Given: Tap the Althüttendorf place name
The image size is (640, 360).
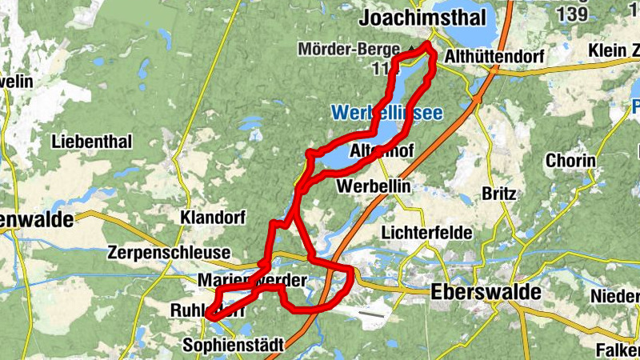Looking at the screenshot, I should click(494, 58).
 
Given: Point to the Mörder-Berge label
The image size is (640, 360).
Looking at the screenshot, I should click(349, 50).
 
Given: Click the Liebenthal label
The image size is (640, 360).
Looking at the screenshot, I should click(91, 142).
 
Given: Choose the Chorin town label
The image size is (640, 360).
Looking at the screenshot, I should click(570, 161).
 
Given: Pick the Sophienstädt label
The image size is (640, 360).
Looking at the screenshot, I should click(234, 346).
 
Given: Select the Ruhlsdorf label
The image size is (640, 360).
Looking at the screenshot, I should click(206, 310).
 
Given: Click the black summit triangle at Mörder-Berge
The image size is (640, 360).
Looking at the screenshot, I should click(411, 50).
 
